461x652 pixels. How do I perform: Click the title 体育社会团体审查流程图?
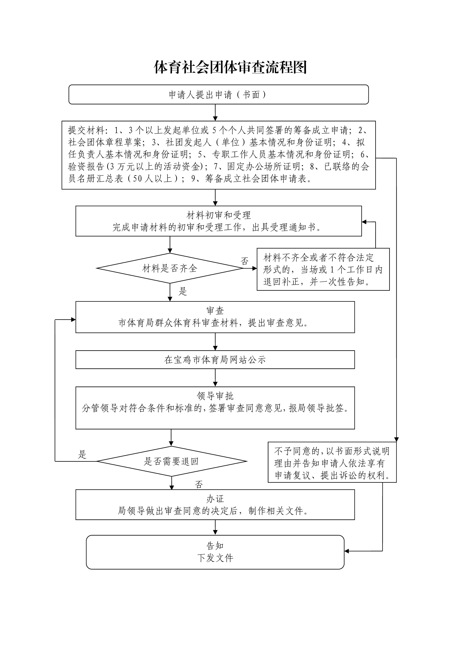230,68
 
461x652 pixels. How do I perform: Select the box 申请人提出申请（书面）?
218,95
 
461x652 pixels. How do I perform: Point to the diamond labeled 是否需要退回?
171,461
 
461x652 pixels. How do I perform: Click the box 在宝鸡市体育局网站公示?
215,360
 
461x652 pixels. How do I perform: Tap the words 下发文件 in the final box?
215,558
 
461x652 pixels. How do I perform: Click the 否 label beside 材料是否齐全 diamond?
245,261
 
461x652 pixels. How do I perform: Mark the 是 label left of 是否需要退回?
82,455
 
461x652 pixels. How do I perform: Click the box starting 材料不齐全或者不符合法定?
323,269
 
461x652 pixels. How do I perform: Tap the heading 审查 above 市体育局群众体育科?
215,311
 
